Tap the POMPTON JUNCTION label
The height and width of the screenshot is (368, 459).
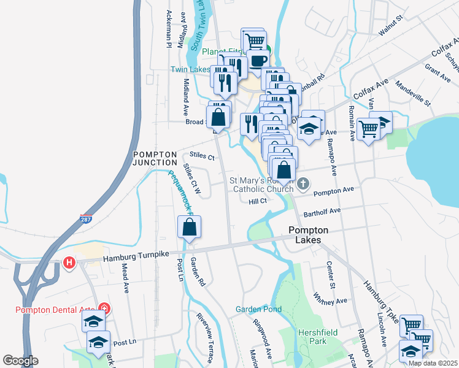pos(155,158)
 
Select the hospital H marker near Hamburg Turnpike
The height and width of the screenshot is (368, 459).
pos(69,263)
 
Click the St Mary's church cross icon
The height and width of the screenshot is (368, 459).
pos(303,183)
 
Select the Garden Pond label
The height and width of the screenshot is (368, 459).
pos(259,309)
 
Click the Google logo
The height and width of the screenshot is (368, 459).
pos(20,361)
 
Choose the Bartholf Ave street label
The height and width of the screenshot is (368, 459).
pos(322,211)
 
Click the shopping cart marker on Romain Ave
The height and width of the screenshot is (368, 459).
pos(367,129)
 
